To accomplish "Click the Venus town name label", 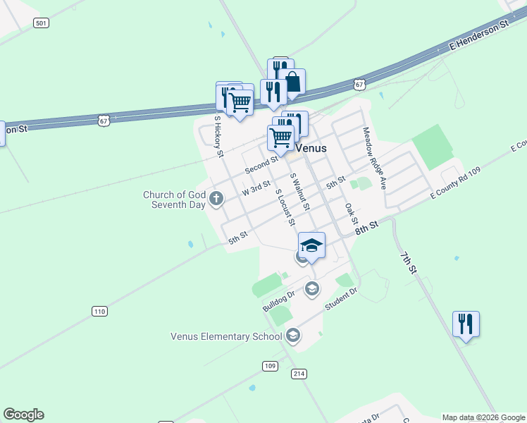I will click(x=311, y=148).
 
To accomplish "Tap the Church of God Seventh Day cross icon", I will click(x=217, y=200).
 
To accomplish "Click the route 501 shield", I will click(x=41, y=23).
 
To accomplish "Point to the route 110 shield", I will click(x=99, y=311).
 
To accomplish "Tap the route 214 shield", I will click(x=298, y=374).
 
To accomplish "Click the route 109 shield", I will click(x=270, y=365).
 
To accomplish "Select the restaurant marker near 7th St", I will click(x=466, y=324).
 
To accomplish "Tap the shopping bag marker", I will click(x=292, y=82).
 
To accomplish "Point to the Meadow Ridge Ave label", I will click(x=375, y=158).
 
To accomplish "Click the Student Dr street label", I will click(x=342, y=300).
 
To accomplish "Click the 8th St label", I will click(x=366, y=227).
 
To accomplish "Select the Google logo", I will click(x=23, y=415).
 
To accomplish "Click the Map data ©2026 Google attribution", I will click(x=484, y=417).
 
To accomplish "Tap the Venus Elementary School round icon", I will click(x=294, y=336).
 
